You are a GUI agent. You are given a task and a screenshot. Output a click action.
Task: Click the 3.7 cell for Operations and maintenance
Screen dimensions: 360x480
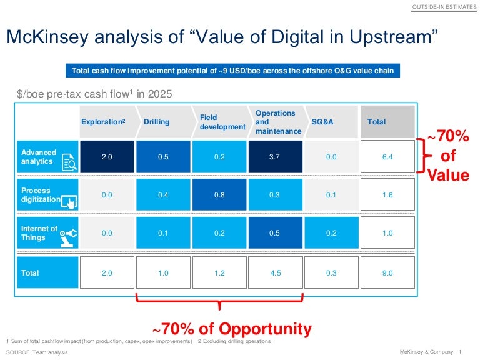274,157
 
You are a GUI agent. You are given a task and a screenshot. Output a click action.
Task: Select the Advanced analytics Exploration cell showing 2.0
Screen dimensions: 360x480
107,157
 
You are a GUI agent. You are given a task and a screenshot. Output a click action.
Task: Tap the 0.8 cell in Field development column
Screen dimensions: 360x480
219,195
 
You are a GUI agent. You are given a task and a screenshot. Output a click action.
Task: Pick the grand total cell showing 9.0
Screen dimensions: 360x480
387,272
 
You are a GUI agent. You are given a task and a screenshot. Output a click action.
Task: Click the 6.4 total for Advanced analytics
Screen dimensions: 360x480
387,157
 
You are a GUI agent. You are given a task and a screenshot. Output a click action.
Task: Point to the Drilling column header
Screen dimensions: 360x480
156,122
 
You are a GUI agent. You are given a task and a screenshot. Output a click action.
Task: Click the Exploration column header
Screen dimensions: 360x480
103,122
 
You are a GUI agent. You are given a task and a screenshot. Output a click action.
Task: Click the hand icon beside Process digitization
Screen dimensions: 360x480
69,201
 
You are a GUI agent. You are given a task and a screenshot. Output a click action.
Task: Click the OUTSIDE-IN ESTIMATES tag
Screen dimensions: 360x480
444,7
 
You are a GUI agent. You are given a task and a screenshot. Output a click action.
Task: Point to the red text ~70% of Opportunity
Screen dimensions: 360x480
232,329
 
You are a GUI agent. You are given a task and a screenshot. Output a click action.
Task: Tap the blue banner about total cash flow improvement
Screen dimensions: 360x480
233,71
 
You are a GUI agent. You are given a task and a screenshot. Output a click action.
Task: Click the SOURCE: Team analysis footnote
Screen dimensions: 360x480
37,352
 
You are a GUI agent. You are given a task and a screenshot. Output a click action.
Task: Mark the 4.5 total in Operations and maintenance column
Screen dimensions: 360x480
274,272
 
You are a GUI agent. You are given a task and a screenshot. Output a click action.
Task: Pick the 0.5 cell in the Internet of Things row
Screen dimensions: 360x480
274,233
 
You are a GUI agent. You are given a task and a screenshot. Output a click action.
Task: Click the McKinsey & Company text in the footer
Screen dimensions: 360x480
427,352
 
